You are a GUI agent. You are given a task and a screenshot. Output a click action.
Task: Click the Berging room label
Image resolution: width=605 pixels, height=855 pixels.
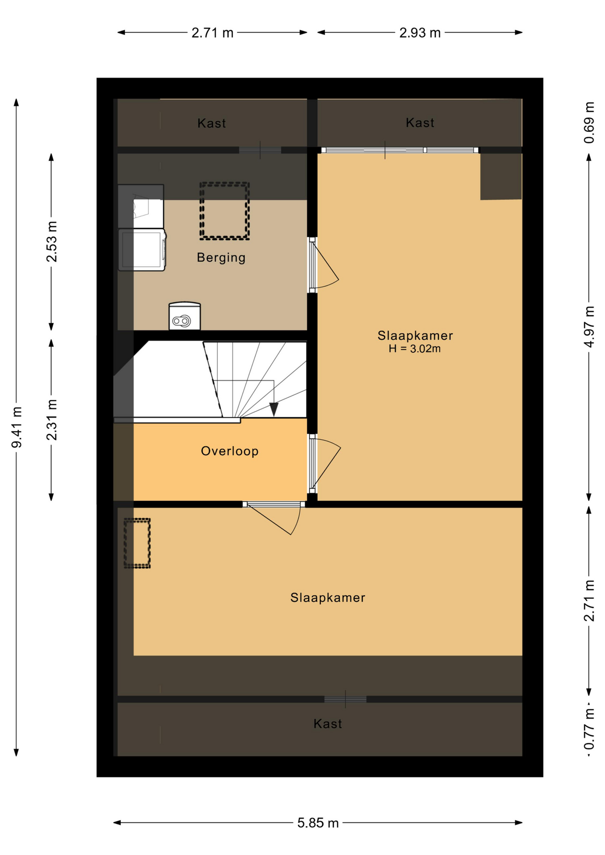click(x=221, y=257)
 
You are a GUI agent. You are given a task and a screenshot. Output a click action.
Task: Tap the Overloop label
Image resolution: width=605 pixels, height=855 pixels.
click(x=229, y=451)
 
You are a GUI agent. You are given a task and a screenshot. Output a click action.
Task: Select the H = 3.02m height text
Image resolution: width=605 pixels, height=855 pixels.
click(x=414, y=349)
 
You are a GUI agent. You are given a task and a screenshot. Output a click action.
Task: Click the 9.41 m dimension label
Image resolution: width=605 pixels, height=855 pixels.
click(x=16, y=427)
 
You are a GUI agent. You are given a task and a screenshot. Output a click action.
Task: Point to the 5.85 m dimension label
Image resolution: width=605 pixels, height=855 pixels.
click(x=318, y=823)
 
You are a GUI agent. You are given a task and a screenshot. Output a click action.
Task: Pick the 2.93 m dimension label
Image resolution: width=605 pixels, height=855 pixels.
click(x=420, y=33)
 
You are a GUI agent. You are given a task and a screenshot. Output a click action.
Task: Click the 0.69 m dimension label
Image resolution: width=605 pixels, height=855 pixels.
click(x=589, y=122)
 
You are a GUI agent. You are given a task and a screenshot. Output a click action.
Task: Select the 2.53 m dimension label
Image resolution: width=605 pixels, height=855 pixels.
click(x=52, y=242)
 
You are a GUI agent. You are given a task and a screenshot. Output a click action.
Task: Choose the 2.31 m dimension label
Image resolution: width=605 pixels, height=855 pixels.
click(x=52, y=420)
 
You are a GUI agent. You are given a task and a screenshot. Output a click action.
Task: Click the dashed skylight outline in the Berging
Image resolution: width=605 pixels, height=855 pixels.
click(x=224, y=183)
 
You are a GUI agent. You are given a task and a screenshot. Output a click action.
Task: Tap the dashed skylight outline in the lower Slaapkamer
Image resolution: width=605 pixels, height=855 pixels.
click(x=137, y=520)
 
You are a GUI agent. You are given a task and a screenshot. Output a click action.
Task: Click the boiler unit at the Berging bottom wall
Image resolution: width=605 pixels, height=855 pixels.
click(x=184, y=316)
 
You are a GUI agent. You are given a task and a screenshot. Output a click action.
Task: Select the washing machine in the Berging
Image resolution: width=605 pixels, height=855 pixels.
click(x=142, y=250)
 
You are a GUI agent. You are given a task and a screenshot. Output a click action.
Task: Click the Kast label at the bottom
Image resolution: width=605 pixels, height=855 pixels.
click(x=327, y=724)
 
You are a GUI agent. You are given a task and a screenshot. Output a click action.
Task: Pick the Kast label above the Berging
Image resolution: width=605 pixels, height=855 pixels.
click(x=212, y=123)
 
